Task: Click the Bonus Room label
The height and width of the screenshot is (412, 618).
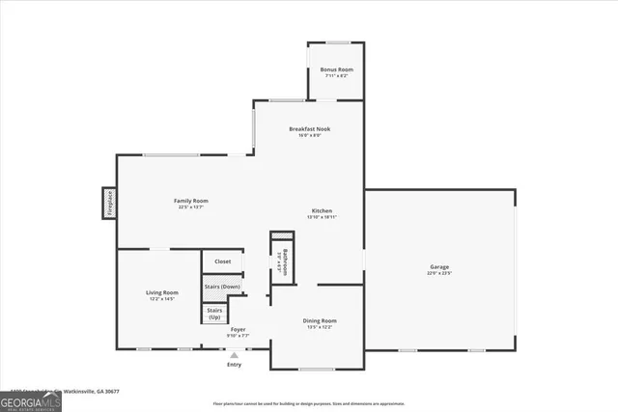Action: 337,70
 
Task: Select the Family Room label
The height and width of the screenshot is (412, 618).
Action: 192,201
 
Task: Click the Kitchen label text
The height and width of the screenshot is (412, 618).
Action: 322,210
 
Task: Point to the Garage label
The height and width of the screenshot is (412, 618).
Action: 439,266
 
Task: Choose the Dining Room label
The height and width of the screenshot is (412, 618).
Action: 321,320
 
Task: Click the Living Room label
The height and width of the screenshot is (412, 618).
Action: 162,292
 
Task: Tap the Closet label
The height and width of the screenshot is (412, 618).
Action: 222,261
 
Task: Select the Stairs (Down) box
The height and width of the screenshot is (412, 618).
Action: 222,287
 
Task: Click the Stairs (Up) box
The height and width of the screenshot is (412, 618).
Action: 214,314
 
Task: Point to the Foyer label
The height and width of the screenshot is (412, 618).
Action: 238,330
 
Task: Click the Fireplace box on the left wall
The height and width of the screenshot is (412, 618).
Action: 109,205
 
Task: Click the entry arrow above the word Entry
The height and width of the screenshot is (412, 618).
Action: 234,354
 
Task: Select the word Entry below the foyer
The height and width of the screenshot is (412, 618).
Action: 234,365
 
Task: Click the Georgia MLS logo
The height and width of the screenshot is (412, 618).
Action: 30,398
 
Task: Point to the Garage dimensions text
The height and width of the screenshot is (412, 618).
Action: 439,274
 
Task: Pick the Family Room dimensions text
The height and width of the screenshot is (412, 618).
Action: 192,207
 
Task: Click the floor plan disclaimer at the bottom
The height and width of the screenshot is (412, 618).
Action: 308,403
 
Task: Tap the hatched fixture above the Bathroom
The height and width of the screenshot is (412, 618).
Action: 281,236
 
